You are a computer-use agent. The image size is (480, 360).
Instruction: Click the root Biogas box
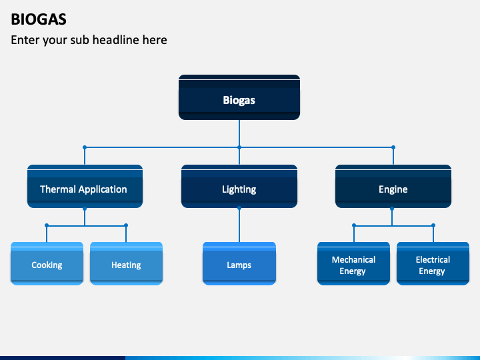point(239,97)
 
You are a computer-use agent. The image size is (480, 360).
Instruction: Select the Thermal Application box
point(85,187)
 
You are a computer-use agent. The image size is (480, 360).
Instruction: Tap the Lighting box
point(239,187)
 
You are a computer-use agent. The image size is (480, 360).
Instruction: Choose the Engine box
point(393,187)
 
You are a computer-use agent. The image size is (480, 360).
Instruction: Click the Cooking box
point(47,263)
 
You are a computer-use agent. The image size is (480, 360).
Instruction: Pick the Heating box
point(126,263)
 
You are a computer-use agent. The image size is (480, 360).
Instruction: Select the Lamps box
point(239,263)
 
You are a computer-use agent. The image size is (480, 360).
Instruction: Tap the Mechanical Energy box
point(353,263)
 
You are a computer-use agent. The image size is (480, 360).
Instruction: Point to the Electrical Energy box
point(433,263)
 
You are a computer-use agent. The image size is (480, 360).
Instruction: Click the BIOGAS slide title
point(39,19)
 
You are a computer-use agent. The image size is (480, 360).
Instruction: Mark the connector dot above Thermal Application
point(85,147)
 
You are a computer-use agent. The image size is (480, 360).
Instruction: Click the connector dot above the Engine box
point(393,147)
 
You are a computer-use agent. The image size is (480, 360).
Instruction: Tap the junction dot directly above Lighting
point(239,147)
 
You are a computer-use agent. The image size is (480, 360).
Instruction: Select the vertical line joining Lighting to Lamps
point(239,225)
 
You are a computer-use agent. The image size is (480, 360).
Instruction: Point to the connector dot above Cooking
point(47,225)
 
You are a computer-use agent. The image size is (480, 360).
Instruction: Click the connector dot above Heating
point(126,225)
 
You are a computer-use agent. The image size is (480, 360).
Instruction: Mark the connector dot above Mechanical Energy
point(354,225)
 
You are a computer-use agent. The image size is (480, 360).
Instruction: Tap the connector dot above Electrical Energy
point(433,225)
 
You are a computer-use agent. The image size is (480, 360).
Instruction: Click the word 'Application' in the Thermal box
point(103,189)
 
